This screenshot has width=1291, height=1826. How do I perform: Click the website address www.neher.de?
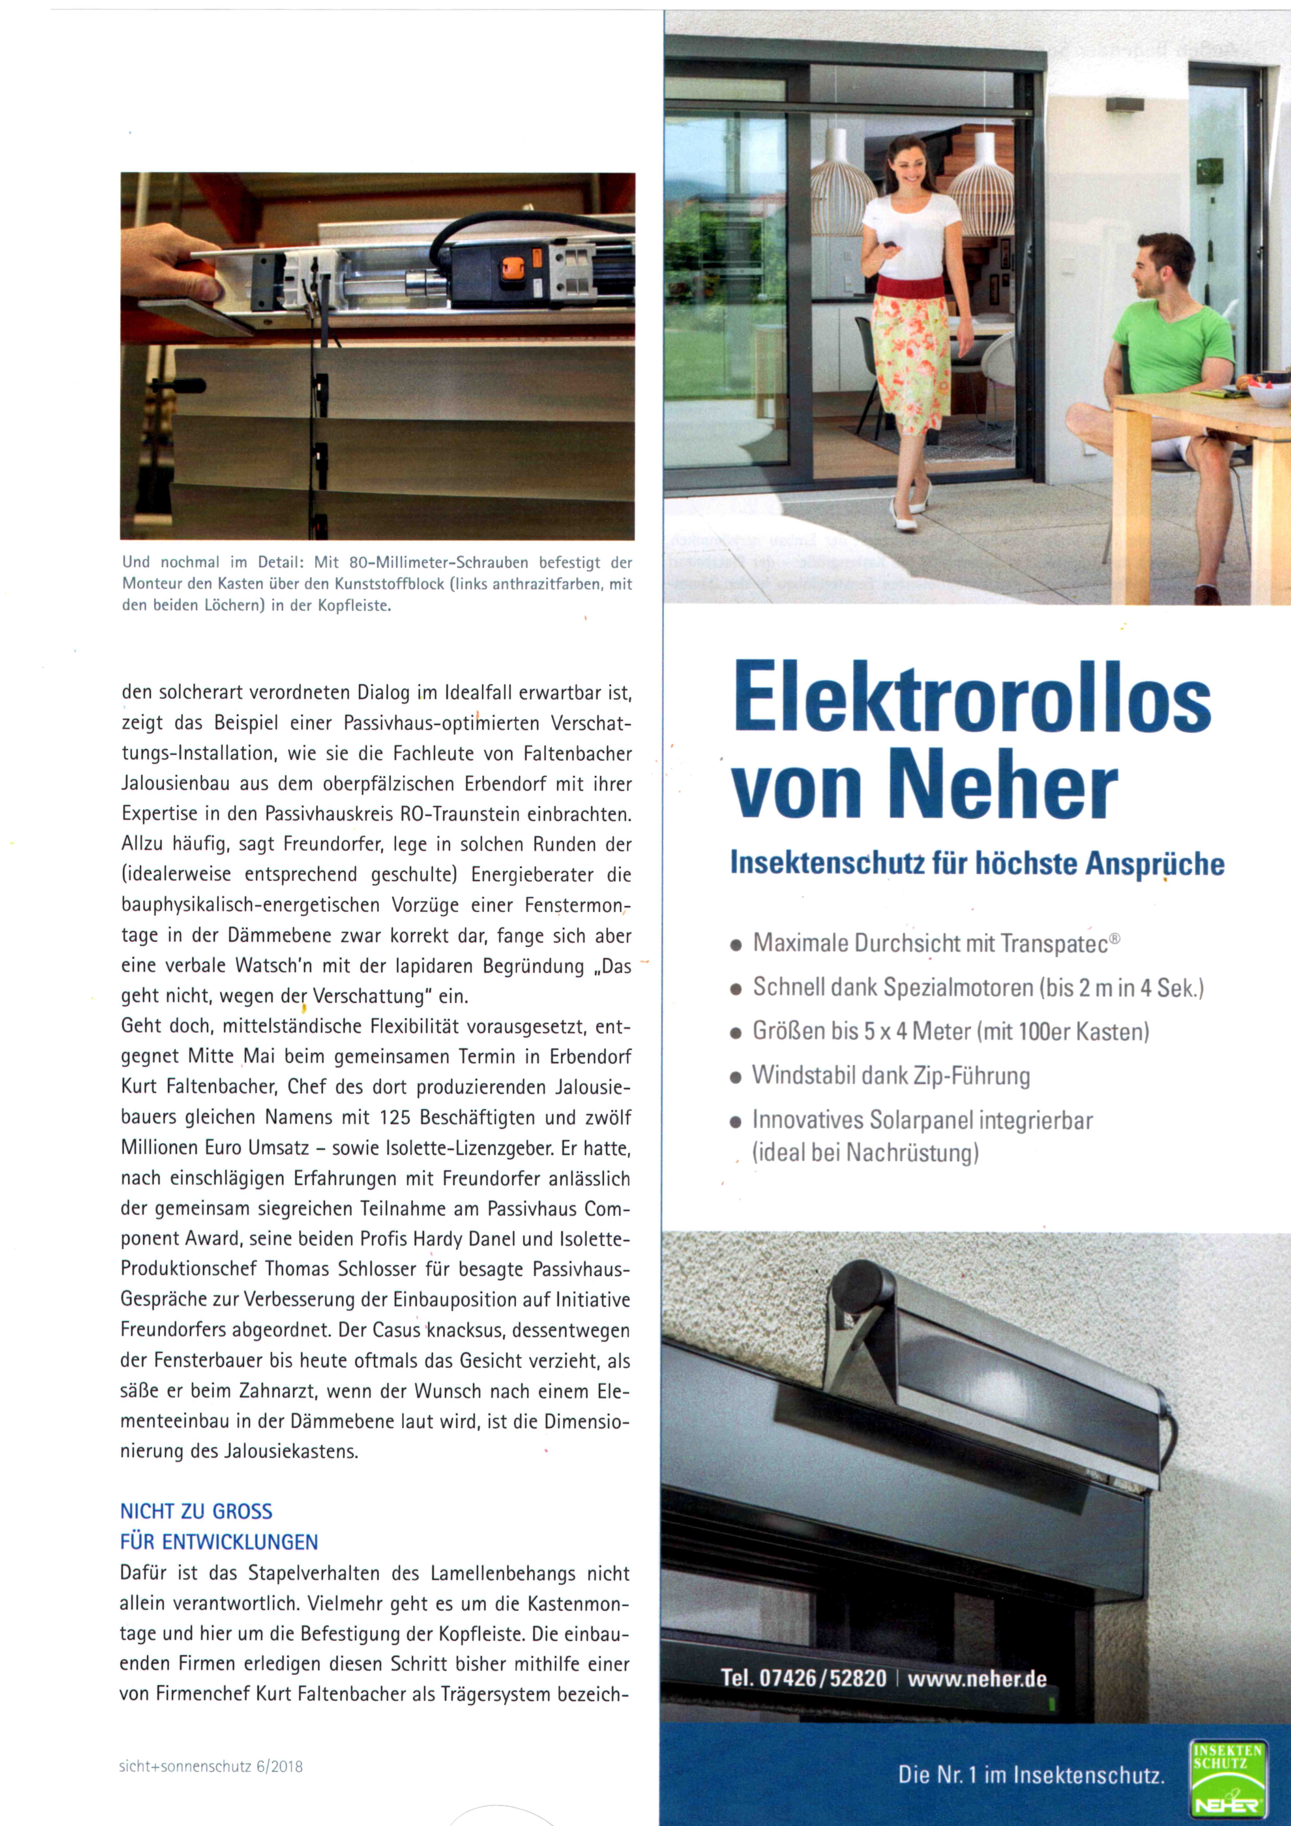977,1679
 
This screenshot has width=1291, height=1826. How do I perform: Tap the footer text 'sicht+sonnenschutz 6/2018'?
211,1767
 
